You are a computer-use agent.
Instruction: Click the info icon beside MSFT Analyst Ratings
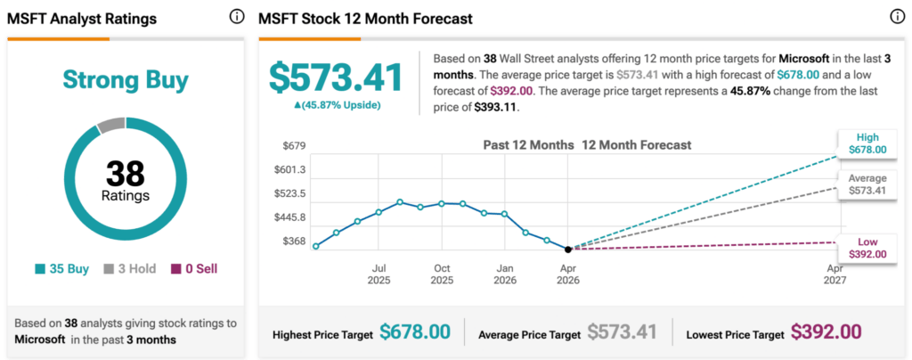point(237,17)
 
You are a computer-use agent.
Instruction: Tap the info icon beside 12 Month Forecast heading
point(896,17)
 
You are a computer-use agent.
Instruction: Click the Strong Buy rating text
point(126,80)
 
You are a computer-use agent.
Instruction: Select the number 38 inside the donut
point(126,173)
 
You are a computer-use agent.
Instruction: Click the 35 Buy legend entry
point(62,268)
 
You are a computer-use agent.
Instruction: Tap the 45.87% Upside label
point(337,105)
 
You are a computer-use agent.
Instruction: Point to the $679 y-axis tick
point(293,146)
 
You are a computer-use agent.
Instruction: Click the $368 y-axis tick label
point(293,241)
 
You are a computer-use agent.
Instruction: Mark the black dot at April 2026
point(568,249)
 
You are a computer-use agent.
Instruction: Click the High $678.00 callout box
point(867,143)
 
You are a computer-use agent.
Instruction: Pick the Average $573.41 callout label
point(867,184)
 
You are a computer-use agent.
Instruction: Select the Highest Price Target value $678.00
point(415,331)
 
